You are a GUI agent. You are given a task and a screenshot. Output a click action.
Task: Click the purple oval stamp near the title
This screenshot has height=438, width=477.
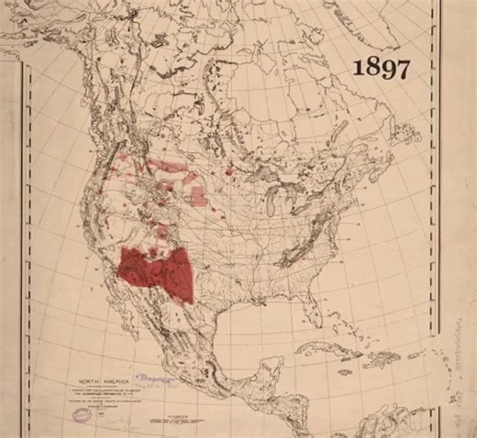click(85, 413)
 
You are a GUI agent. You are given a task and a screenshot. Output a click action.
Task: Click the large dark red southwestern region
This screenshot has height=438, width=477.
click(156, 271)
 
